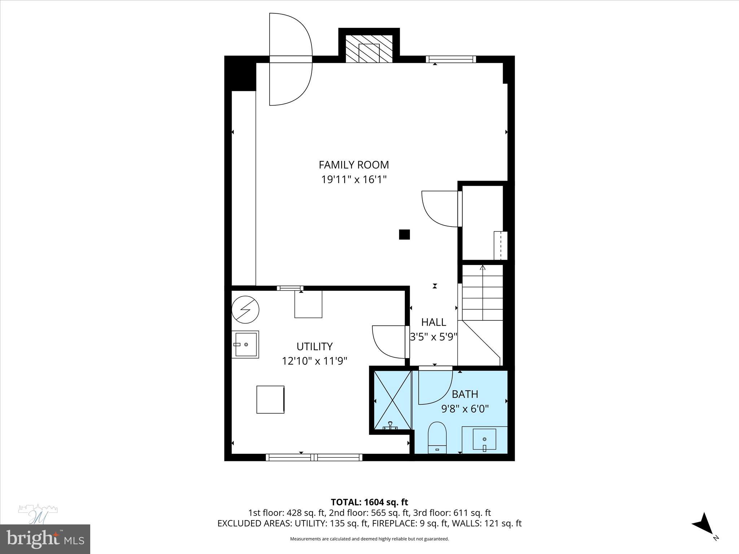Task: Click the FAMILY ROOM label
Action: [x=354, y=165]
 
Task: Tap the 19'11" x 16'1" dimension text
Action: [x=354, y=179]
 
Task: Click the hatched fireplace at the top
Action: [x=369, y=49]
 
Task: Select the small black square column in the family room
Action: [x=404, y=234]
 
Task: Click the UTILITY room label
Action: [x=314, y=346]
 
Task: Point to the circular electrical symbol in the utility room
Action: [x=245, y=309]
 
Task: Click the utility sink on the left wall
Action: [x=245, y=344]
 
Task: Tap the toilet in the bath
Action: [x=437, y=437]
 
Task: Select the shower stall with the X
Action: [x=392, y=400]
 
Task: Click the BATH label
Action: [x=465, y=394]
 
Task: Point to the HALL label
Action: [x=433, y=322]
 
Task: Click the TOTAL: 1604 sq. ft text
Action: [x=369, y=502]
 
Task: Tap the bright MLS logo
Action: [x=45, y=539]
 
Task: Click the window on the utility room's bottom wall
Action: [x=314, y=457]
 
